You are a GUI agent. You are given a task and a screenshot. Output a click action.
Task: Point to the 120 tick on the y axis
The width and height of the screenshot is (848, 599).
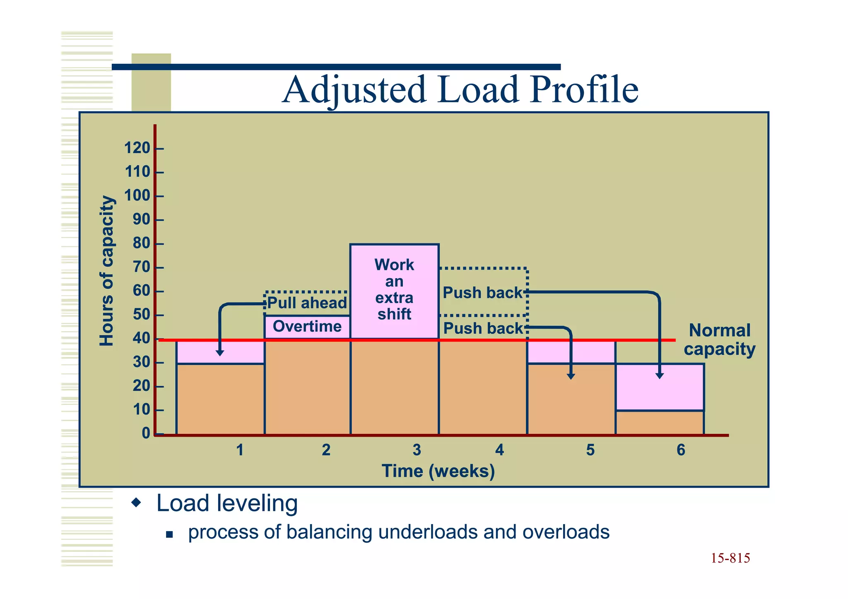click(x=137, y=148)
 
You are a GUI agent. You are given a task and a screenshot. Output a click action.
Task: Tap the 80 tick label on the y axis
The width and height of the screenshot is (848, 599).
click(x=141, y=243)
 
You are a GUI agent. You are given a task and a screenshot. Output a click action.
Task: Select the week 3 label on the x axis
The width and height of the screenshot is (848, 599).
click(x=417, y=450)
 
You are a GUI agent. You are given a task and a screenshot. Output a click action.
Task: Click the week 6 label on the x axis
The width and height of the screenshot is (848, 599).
click(x=681, y=450)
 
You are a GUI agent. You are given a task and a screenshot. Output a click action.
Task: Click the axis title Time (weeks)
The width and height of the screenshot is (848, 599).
click(x=438, y=471)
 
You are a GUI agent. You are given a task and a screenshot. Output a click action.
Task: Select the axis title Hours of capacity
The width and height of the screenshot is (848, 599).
click(x=106, y=271)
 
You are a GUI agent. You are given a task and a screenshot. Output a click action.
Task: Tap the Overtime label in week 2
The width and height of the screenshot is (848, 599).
click(x=307, y=327)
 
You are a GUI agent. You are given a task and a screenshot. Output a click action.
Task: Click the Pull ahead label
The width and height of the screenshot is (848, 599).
click(x=307, y=303)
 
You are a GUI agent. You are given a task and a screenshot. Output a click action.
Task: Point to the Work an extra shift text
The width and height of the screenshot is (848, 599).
click(x=394, y=289)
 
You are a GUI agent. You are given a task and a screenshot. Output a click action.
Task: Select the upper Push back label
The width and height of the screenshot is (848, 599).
click(x=482, y=293)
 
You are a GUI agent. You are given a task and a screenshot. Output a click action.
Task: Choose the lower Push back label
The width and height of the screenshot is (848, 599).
click(x=483, y=329)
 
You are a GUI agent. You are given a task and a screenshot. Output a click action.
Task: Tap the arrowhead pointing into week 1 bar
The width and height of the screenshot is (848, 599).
click(x=220, y=353)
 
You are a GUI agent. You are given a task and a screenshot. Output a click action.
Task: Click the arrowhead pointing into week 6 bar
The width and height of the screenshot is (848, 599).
click(x=660, y=375)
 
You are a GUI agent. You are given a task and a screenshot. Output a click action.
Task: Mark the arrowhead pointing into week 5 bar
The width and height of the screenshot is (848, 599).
click(x=571, y=376)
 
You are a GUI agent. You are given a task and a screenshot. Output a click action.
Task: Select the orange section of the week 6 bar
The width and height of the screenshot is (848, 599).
click(x=660, y=423)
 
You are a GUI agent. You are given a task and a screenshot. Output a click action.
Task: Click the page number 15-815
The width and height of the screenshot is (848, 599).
click(x=730, y=558)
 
